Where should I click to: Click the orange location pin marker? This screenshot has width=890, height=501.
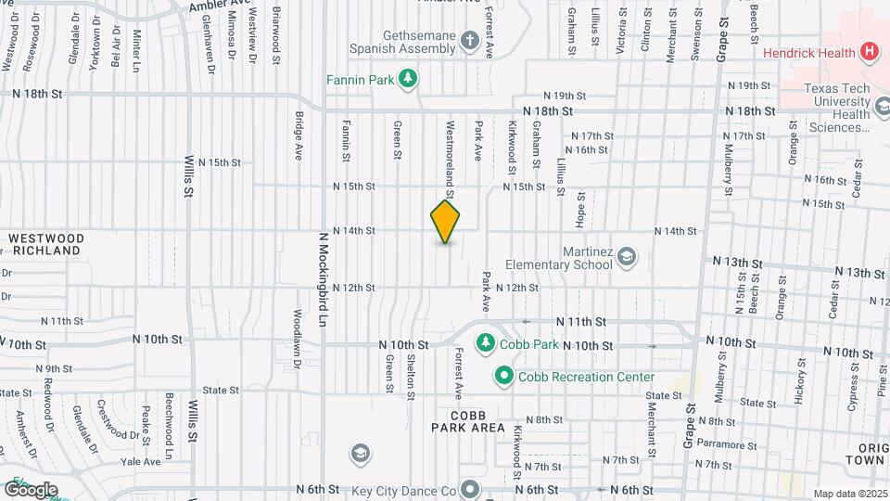click(x=446, y=222)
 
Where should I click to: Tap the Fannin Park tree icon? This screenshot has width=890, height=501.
click(x=407, y=79)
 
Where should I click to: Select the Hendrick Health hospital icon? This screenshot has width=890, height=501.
click(x=870, y=52)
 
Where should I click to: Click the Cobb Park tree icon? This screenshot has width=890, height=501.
click(x=485, y=344)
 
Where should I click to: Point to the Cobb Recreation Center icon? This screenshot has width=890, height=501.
click(x=503, y=376)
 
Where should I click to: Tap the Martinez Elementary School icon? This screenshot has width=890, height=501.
click(x=627, y=257)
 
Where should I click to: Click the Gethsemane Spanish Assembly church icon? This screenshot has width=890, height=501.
click(x=471, y=41)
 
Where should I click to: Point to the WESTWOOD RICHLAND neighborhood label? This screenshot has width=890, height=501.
click(x=46, y=245)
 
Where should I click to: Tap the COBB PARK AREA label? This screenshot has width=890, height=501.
click(x=468, y=421)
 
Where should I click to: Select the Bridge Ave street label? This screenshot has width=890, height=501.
click(x=299, y=136)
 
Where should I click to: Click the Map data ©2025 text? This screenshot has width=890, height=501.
click(x=849, y=494)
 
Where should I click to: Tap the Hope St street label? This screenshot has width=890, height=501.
click(x=581, y=209)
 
